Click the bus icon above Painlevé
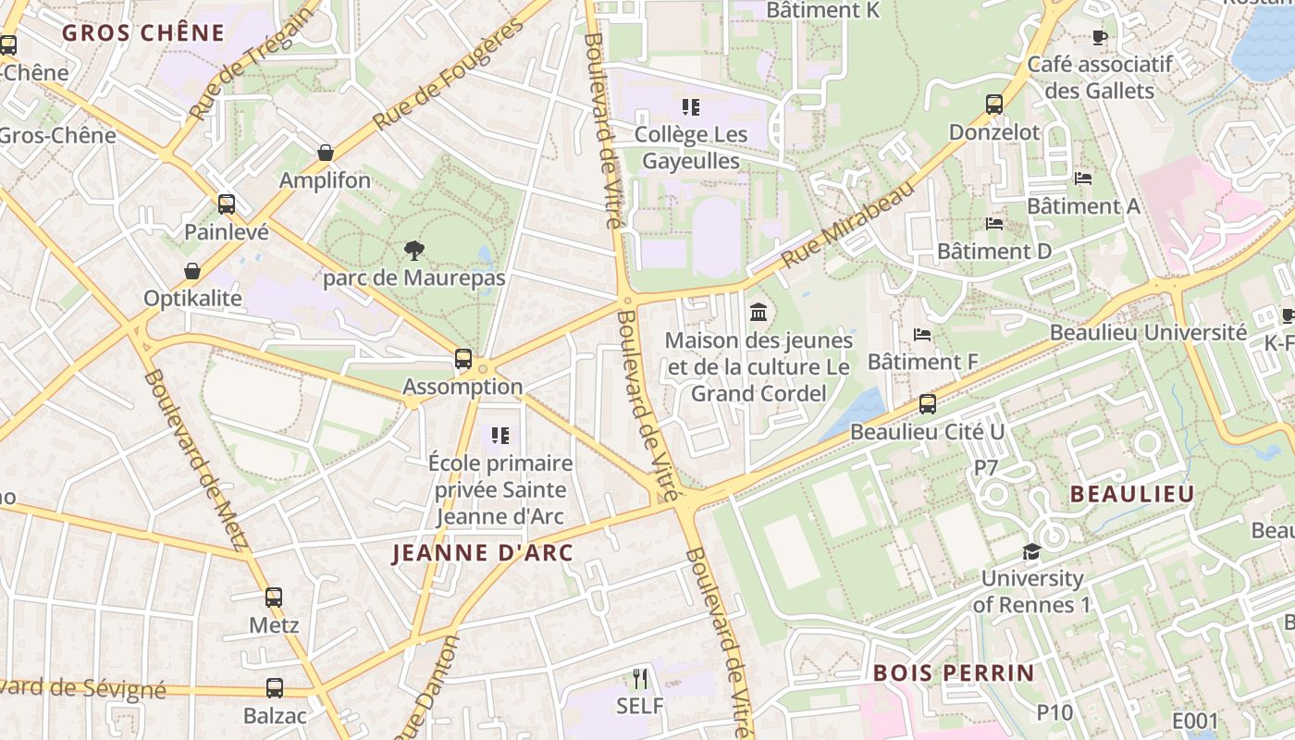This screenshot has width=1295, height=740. coord(227,204)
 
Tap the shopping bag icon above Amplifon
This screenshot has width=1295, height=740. coord(325,153)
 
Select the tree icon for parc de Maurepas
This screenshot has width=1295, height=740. coord(413,250)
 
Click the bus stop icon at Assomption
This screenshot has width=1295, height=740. coord(463,359)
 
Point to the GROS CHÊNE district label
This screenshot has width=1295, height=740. coord(143,33)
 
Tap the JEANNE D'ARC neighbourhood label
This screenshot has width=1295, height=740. coord(483,553)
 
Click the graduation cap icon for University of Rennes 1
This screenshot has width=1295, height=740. coord(1030,552)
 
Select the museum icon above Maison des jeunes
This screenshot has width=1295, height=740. coord(758,311)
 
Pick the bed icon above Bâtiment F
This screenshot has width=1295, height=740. coord(921,334)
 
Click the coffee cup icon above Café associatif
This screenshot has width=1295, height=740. coord(1099,38)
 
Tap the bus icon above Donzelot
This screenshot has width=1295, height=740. coord(994,105)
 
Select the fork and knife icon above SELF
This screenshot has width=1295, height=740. coord(640,679)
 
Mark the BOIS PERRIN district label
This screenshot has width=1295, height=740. coord(953,672)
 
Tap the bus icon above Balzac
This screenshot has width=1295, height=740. coord(275,688)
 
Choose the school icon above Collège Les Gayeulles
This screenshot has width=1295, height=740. coord(691,107)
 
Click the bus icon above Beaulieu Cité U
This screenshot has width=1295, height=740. coord(927,404)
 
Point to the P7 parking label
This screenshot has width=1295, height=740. coord(987,469)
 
